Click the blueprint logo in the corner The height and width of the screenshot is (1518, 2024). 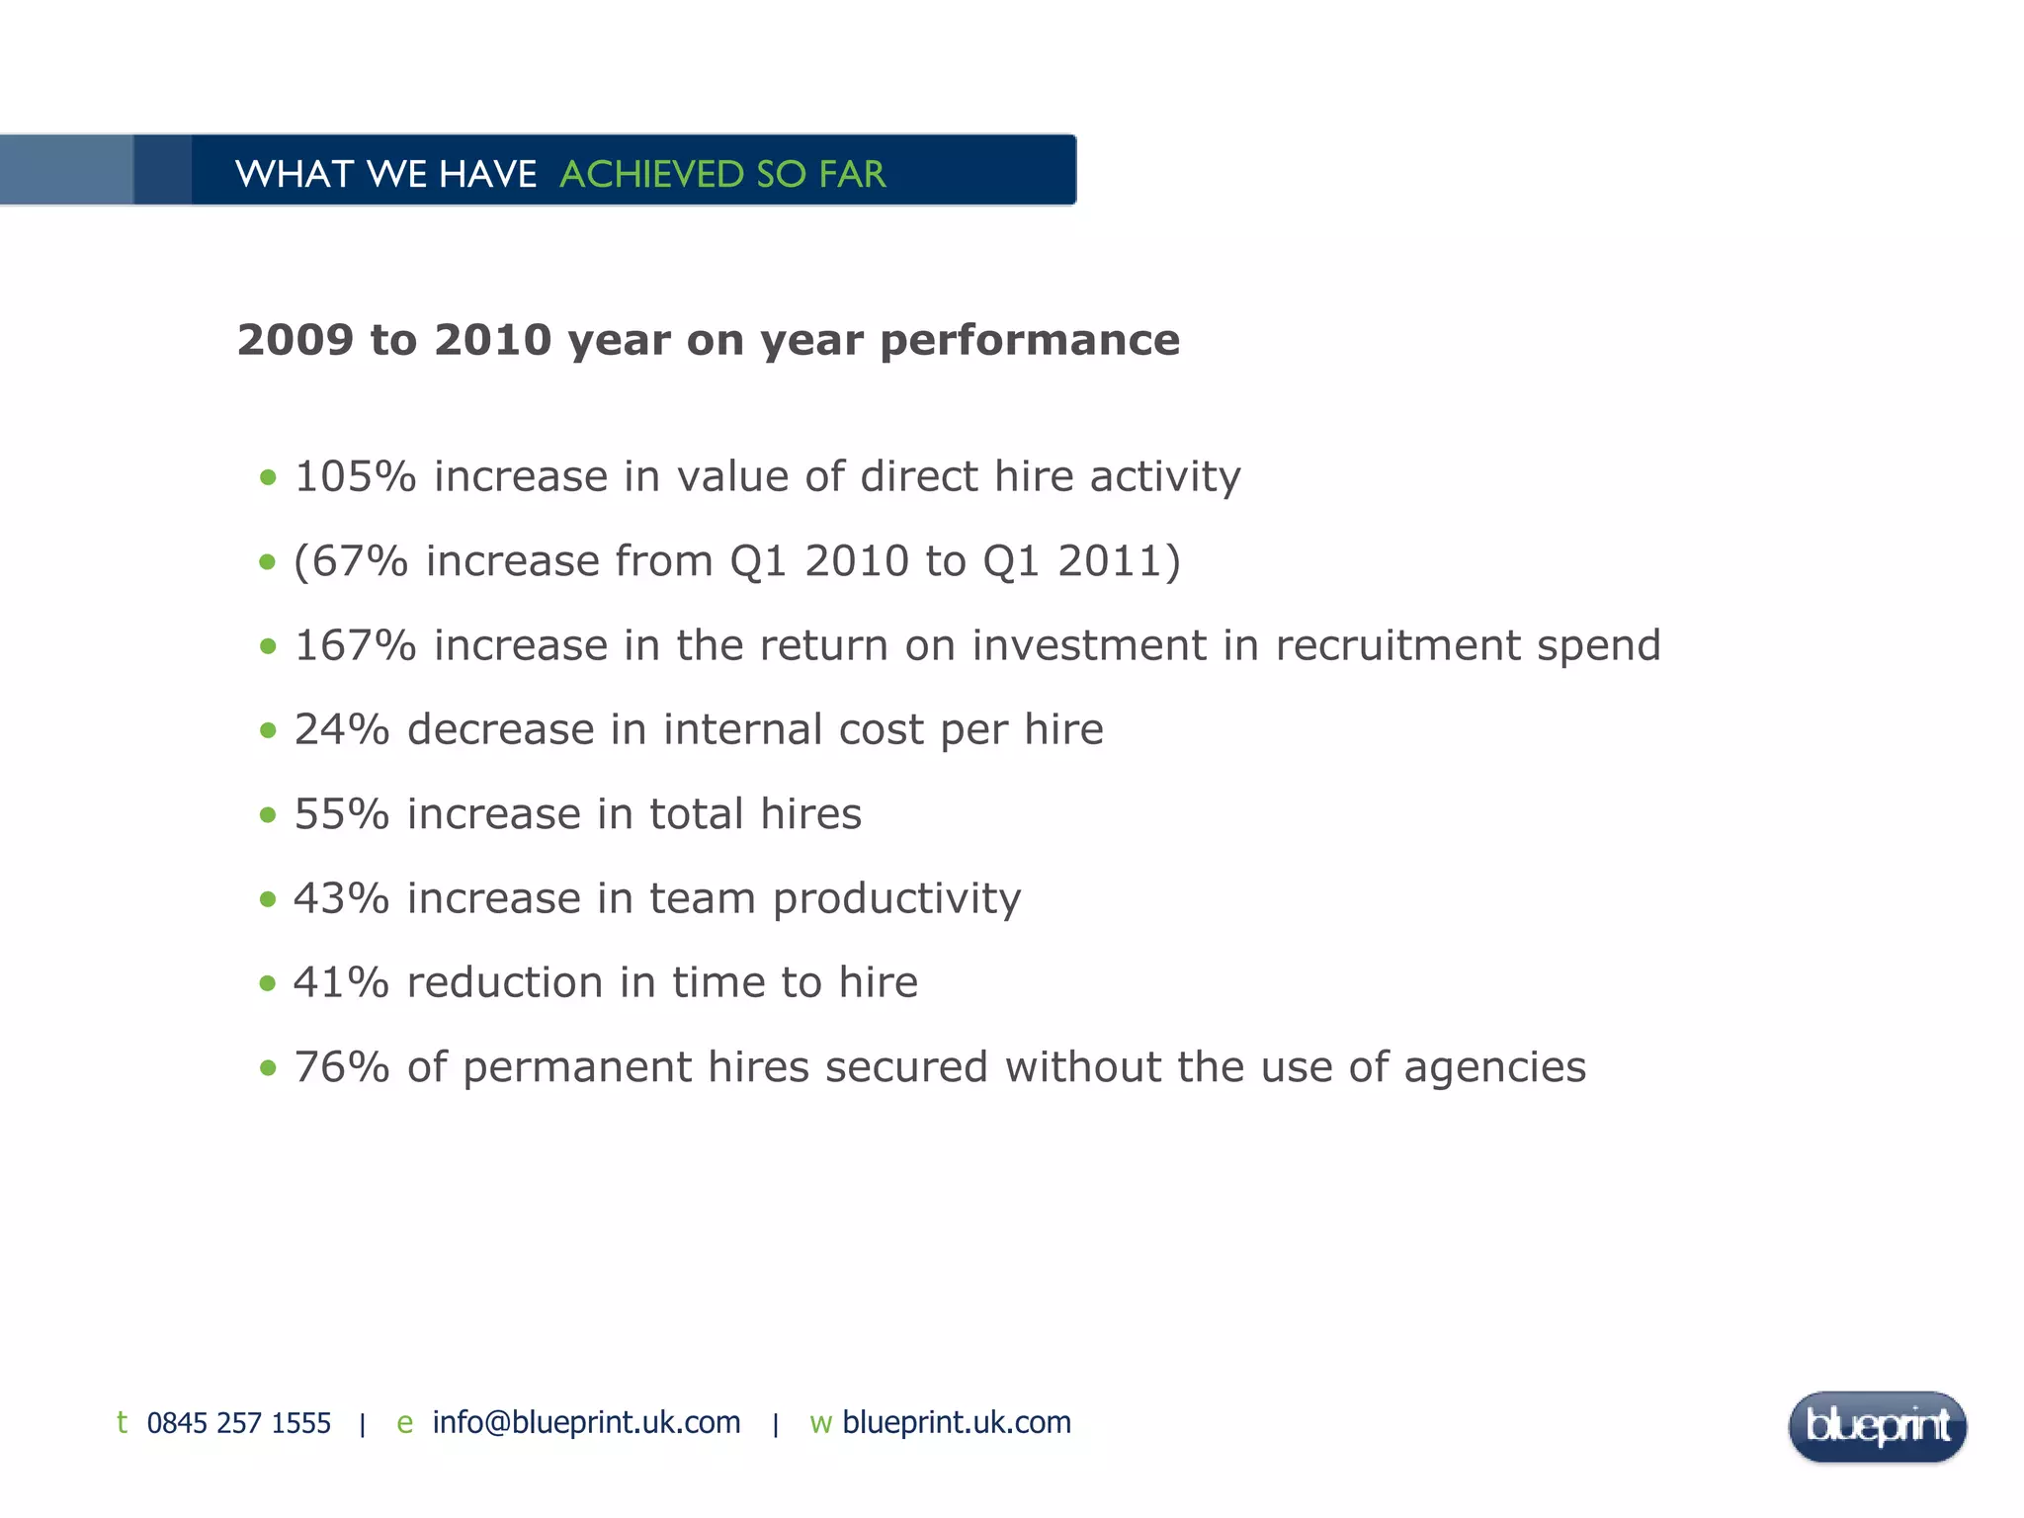pos(1877,1426)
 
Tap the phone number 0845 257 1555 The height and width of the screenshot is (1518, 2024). pos(238,1423)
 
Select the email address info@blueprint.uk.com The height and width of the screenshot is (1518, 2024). pos(586,1422)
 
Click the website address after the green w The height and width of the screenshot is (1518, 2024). pos(956,1422)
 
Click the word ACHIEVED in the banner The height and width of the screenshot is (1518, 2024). pos(651,174)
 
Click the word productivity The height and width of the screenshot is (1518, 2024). pos(896,899)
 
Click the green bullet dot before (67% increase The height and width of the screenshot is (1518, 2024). pos(267,562)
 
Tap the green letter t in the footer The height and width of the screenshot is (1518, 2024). pos(122,1422)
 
